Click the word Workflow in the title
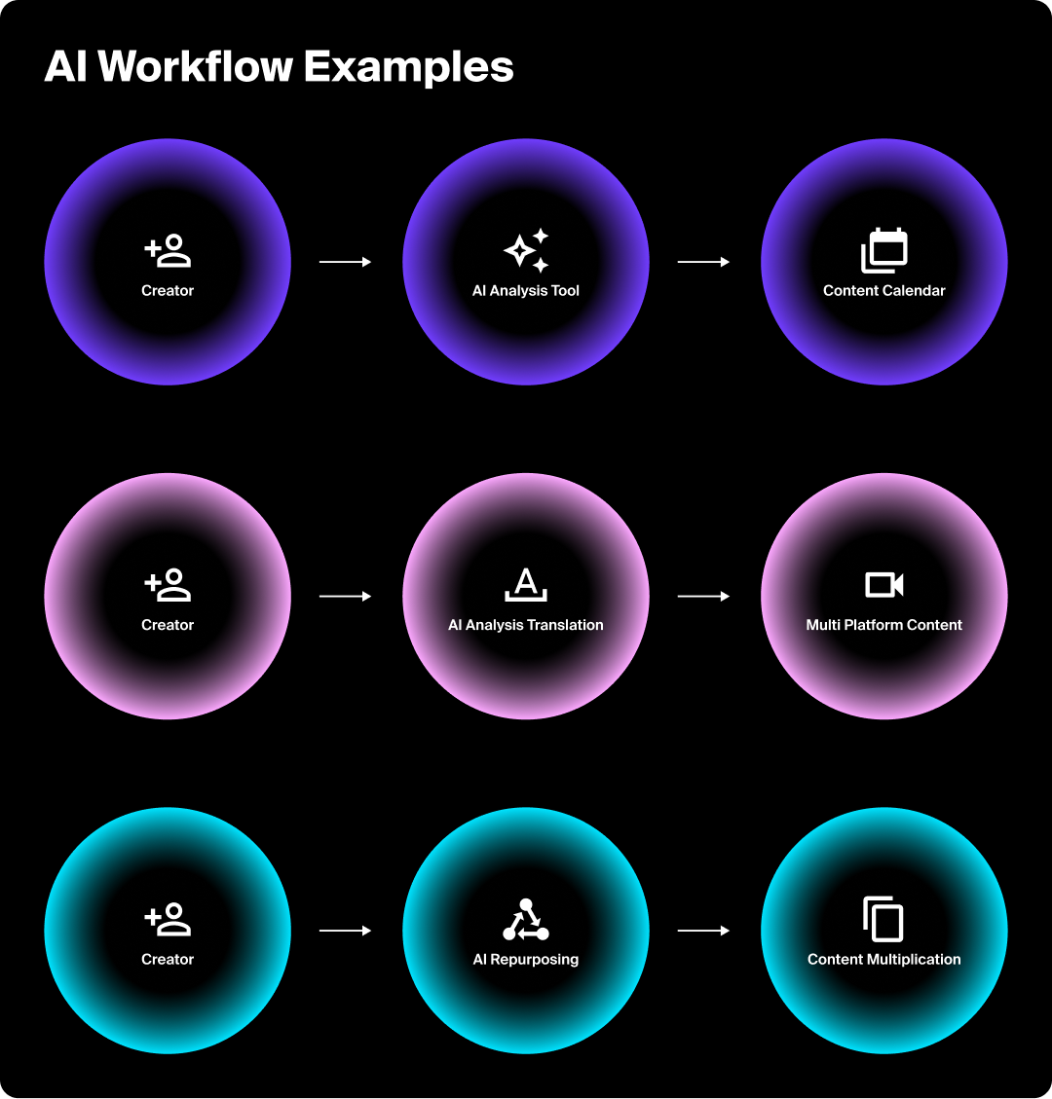point(195,67)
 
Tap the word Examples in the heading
point(408,67)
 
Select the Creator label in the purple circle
point(168,290)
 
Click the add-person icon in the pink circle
point(168,585)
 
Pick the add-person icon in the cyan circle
point(168,919)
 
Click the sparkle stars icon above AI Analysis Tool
point(526,251)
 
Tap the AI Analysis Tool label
point(526,290)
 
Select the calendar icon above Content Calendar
point(884,250)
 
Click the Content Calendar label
point(884,290)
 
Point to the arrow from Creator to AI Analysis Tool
point(346,262)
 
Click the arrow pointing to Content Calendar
point(703,262)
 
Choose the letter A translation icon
point(526,585)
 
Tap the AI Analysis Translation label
point(526,625)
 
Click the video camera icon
point(884,585)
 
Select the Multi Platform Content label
point(884,625)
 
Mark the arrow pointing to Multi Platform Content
point(703,596)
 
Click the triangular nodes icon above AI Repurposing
point(526,919)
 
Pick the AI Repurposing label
point(526,959)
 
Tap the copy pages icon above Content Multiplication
point(884,919)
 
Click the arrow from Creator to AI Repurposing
point(346,931)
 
